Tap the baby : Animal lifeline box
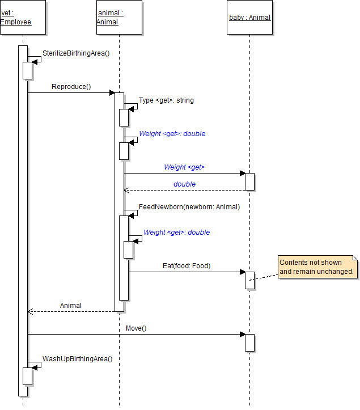[249, 18]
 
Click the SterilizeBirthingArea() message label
[76, 53]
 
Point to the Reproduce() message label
[71, 87]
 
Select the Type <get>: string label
[166, 100]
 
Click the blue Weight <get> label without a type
[184, 167]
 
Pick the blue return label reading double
[185, 184]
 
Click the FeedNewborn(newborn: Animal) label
[189, 207]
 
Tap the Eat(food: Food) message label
[187, 265]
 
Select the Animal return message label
[71, 306]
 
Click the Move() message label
[136, 328]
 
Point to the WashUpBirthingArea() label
[77, 359]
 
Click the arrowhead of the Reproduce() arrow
[112, 93]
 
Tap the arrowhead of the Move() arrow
[242, 335]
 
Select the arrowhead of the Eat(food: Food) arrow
[242, 272]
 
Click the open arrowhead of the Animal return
[31, 311]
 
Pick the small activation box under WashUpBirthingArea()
[27, 376]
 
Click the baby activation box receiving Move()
[249, 343]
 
